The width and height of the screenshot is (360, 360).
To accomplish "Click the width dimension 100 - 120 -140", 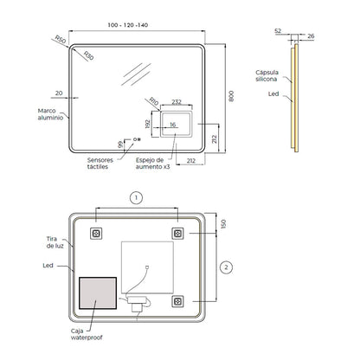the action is [128, 25].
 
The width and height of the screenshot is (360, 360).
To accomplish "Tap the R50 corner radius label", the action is [61, 39].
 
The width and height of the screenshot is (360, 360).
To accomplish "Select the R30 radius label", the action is [89, 55].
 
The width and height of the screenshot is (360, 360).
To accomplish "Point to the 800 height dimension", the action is [231, 96].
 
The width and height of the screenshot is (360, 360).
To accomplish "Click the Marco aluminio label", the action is [50, 114].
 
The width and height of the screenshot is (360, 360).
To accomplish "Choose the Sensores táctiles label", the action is [100, 164].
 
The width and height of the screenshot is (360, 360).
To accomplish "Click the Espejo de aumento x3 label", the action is [153, 164].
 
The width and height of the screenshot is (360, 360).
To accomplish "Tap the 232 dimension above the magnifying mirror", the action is [177, 102].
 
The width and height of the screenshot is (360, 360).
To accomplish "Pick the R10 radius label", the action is [154, 101].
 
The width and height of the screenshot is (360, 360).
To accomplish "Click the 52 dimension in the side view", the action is [278, 31].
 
